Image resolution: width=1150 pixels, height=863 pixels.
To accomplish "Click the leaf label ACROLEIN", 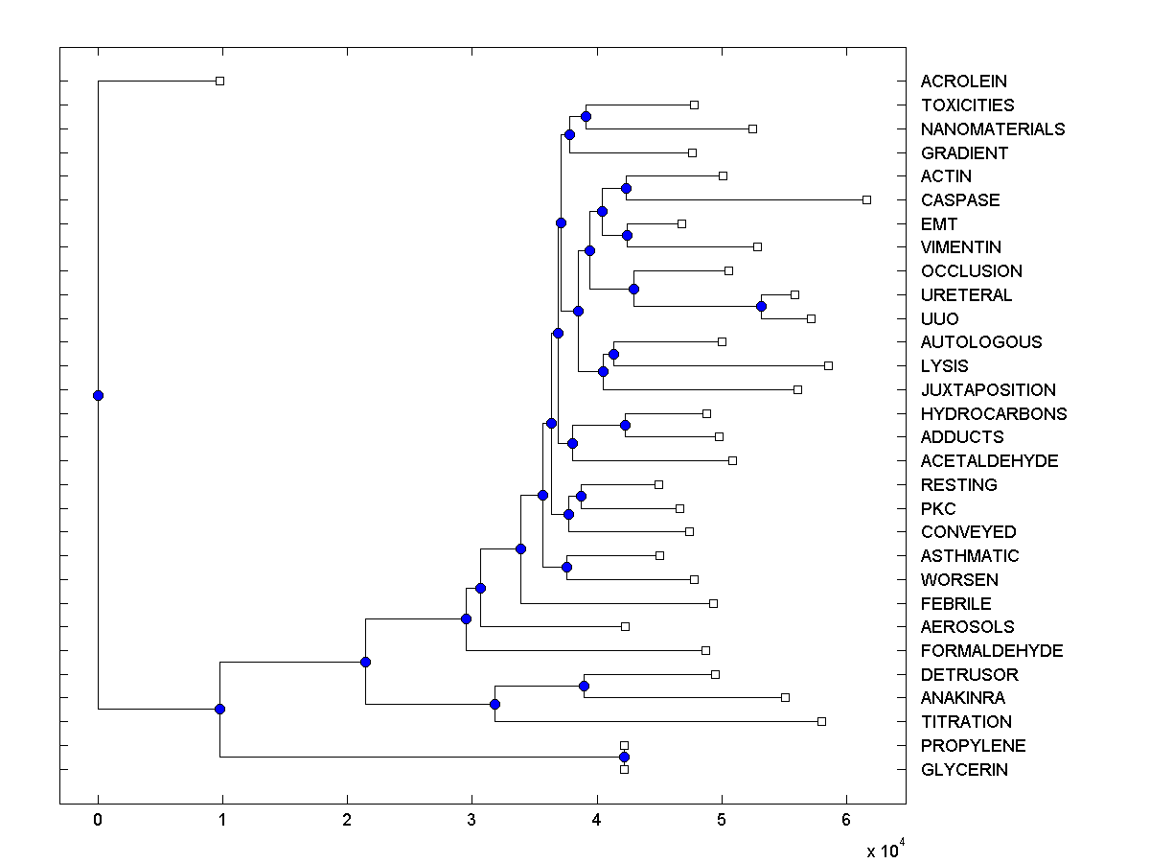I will click(x=963, y=82).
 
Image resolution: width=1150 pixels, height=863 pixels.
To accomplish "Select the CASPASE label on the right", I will click(x=959, y=199).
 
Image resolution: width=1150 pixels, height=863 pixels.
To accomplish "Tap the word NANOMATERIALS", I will click(x=992, y=128).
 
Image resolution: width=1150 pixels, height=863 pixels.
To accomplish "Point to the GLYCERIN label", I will click(x=964, y=769).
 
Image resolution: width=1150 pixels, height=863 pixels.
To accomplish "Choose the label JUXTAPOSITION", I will click(x=988, y=389).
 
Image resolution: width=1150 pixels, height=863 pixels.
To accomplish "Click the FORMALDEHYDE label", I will click(x=992, y=650).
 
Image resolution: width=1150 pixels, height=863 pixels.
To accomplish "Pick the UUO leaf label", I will click(x=939, y=318).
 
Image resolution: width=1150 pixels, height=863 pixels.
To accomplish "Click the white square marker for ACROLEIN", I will click(x=219, y=82).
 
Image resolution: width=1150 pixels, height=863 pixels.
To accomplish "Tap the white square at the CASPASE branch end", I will click(x=866, y=199).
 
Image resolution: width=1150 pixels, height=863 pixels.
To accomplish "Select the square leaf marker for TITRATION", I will click(x=821, y=721).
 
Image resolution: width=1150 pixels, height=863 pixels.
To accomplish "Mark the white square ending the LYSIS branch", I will click(x=828, y=365).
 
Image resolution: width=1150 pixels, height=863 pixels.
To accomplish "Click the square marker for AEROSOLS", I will click(x=625, y=626).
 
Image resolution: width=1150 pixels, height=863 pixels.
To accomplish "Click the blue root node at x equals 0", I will click(x=98, y=395).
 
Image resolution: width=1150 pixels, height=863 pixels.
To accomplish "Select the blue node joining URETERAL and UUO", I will click(x=761, y=306).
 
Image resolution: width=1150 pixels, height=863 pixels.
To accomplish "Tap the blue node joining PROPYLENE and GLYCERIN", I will click(x=624, y=757).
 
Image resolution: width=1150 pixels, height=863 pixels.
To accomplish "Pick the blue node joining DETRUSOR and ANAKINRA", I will click(x=584, y=686).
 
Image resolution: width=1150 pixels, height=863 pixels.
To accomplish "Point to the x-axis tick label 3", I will click(x=471, y=820).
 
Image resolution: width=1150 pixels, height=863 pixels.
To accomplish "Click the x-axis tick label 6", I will click(x=845, y=820).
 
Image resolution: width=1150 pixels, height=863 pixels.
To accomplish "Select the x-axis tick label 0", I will click(x=98, y=820).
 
